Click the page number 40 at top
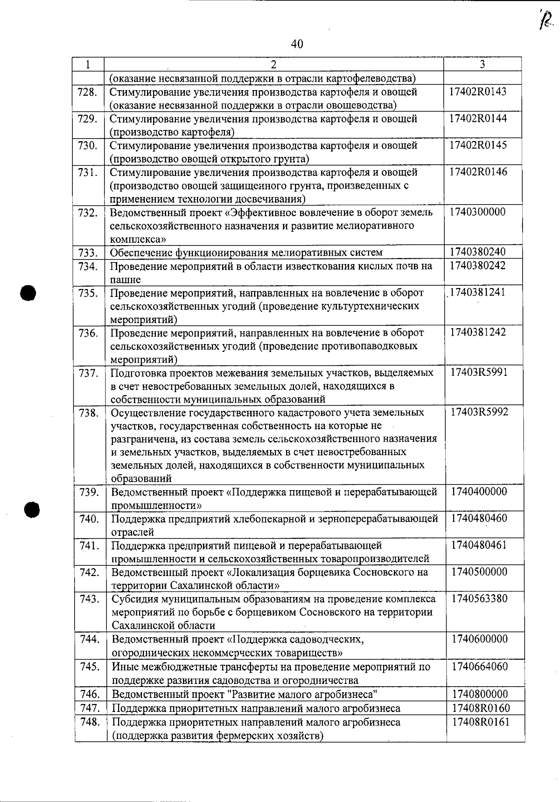(297, 44)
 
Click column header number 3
(482, 64)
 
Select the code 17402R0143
(477, 91)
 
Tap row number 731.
(87, 172)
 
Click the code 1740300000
(477, 212)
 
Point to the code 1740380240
(477, 252)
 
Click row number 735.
(88, 293)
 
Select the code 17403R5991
(479, 373)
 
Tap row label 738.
(88, 413)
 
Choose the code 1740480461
(479, 545)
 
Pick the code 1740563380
(479, 598)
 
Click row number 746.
(90, 694)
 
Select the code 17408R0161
(481, 722)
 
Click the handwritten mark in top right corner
(546, 20)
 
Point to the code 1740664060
(479, 667)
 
